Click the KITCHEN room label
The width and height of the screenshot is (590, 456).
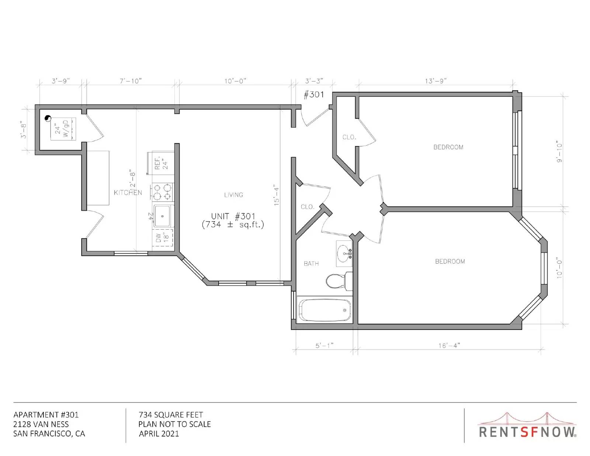tap(128, 193)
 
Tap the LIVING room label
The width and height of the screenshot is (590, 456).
tap(233, 195)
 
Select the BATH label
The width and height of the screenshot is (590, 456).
tap(311, 264)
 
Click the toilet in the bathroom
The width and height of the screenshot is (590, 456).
tap(339, 281)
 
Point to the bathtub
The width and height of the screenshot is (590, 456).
tap(324, 310)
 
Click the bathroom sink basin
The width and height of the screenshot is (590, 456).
tap(344, 254)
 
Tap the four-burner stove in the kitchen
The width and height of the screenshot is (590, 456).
tap(162, 192)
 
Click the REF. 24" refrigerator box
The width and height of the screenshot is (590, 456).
tap(161, 163)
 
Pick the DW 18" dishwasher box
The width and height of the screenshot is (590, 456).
tap(163, 238)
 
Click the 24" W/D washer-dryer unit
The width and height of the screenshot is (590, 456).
tap(63, 129)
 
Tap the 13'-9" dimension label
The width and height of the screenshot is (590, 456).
tap(435, 81)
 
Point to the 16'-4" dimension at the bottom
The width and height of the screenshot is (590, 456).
tap(449, 345)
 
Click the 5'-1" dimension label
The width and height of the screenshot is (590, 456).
tap(324, 345)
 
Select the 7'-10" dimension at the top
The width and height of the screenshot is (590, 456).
tap(131, 81)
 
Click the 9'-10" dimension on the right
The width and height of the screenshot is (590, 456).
tap(559, 153)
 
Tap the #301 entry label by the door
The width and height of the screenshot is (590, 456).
tap(313, 94)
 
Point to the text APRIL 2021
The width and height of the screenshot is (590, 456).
tap(159, 434)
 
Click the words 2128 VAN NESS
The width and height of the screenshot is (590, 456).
tap(41, 424)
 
